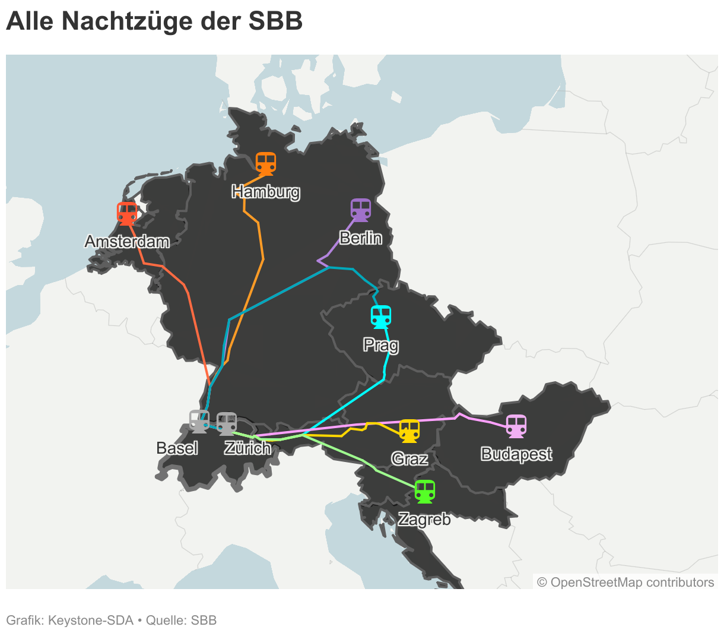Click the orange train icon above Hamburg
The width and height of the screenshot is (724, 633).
tap(266, 163)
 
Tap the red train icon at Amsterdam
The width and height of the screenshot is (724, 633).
tap(127, 213)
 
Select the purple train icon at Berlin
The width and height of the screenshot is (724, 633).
tap(361, 210)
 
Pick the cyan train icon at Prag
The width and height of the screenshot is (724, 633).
tap(381, 316)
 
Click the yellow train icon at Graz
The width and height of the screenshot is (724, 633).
tap(409, 431)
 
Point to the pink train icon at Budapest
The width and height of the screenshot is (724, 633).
tap(516, 426)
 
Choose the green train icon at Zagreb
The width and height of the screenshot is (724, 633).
tap(424, 491)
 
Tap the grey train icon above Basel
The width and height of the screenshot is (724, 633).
tap(199, 422)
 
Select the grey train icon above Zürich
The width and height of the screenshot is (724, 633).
tap(227, 423)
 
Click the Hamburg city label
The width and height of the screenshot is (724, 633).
tap(266, 192)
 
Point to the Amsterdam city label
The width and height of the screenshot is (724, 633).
tap(127, 242)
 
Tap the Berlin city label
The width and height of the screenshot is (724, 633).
tap(361, 238)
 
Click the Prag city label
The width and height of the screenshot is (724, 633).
tap(381, 345)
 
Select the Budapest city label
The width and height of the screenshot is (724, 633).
tap(516, 454)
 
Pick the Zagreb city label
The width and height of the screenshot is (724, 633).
tap(424, 520)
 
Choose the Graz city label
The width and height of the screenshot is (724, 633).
tap(409, 459)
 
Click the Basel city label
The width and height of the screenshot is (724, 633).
tap(177, 448)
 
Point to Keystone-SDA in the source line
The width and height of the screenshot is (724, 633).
tap(91, 621)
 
